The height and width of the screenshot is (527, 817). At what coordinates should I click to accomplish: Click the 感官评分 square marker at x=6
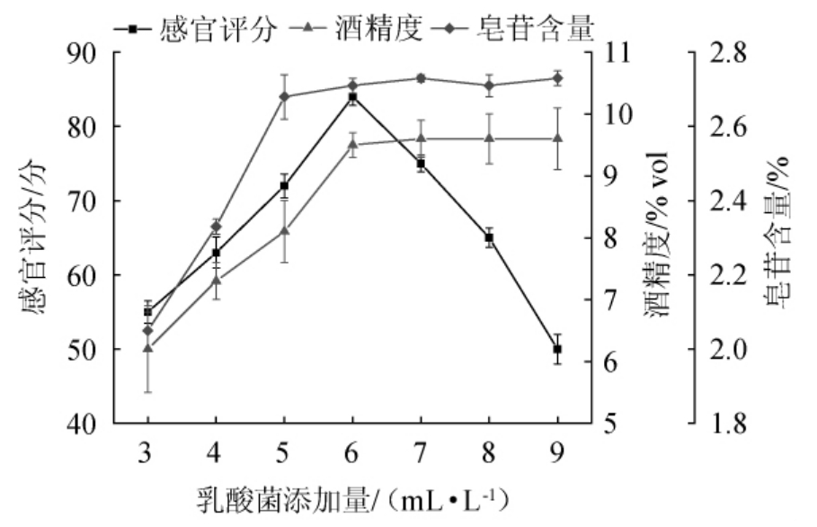(352, 96)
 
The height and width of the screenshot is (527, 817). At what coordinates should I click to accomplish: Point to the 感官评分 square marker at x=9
(557, 349)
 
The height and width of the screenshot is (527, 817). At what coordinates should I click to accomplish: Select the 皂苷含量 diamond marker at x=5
(284, 96)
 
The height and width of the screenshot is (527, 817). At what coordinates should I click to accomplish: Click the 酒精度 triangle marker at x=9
(557, 138)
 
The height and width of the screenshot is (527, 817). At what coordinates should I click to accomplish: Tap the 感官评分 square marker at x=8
(489, 237)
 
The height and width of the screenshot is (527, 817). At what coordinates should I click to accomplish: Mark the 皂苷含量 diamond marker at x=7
(421, 78)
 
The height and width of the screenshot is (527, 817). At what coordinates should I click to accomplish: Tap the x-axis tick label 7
(421, 449)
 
